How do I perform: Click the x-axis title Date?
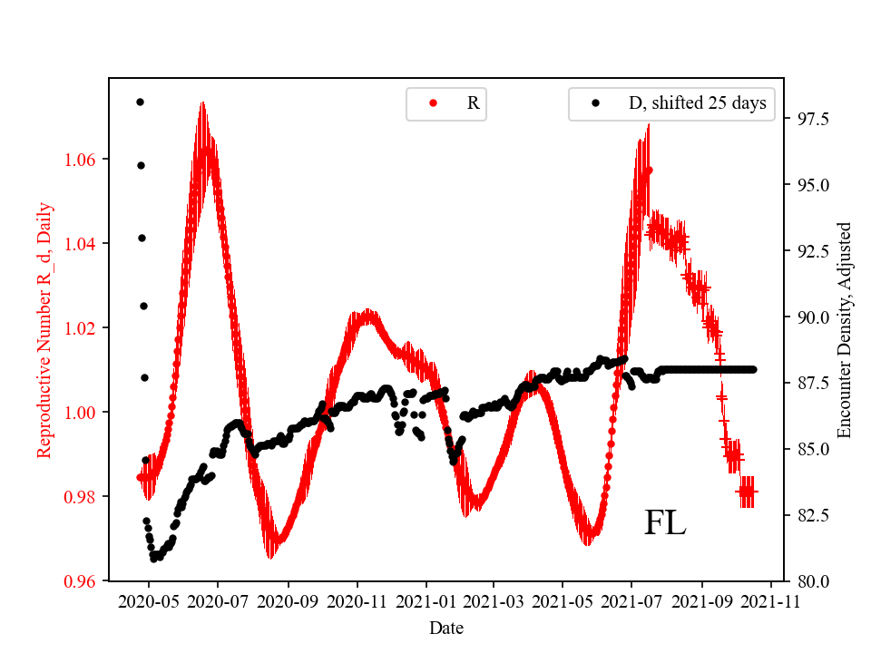447,628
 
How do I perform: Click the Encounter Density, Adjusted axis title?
846,329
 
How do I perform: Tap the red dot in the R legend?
433,103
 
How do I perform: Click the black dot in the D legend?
596,103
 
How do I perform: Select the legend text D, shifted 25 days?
697,103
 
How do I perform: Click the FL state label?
665,523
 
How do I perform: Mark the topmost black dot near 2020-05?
140,102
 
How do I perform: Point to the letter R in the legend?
473,103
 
